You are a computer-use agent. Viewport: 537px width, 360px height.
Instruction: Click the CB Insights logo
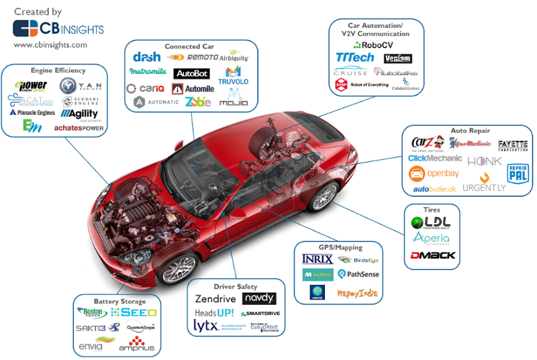pyautogui.click(x=58, y=28)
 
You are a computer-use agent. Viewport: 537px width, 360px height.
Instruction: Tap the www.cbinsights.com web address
pyautogui.click(x=50, y=45)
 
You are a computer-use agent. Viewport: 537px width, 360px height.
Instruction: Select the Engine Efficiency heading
pyautogui.click(x=58, y=71)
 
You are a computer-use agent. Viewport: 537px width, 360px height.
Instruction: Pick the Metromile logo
pyautogui.click(x=148, y=71)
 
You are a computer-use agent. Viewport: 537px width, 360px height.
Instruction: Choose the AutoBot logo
pyautogui.click(x=191, y=73)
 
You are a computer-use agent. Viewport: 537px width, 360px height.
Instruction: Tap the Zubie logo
pyautogui.click(x=198, y=102)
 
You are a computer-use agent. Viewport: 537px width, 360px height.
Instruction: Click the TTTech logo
pyautogui.click(x=355, y=57)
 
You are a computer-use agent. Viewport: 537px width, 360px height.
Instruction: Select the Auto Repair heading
pyautogui.click(x=471, y=130)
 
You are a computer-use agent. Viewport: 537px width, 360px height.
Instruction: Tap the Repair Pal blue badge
pyautogui.click(x=517, y=173)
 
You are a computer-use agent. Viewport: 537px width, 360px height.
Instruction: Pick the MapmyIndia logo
pyautogui.click(x=357, y=293)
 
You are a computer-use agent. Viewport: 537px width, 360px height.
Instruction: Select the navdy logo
pyautogui.click(x=258, y=298)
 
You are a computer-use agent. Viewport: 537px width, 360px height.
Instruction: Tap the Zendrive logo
pyautogui.click(x=217, y=299)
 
